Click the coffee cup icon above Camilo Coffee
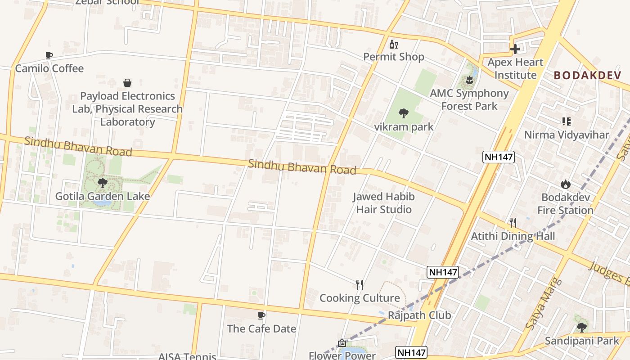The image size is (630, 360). tap(49, 55)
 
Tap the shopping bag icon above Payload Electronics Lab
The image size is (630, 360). tap(127, 83)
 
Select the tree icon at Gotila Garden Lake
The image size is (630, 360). tap(102, 183)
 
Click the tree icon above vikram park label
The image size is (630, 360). tap(403, 113)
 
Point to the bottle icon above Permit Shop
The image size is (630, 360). tap(394, 44)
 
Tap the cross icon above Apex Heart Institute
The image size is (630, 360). tap(515, 49)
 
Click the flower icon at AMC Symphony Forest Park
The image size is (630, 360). tap(469, 81)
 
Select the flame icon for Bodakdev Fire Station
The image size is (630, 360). tap(565, 184)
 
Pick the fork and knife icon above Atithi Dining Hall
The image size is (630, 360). tap(512, 222)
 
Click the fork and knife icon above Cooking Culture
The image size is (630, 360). tap(359, 284)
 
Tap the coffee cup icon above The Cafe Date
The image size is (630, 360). tap(261, 315)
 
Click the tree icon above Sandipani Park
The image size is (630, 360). tap(581, 327)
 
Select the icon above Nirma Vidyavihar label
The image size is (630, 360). tap(566, 121)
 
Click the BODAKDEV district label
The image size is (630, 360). tap(587, 75)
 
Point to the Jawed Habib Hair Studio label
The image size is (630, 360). tap(383, 203)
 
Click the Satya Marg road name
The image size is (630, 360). tap(544, 304)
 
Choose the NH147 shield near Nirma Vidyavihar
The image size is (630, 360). tap(498, 157)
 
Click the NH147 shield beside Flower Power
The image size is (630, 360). tap(411, 352)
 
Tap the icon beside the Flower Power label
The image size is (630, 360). tap(342, 343)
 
